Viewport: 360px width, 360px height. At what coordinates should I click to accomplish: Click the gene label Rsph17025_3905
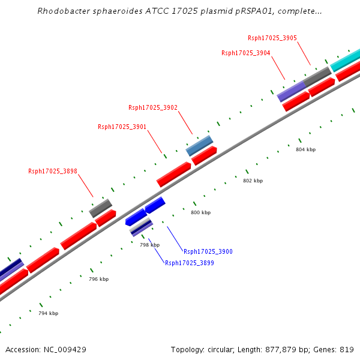[272, 38]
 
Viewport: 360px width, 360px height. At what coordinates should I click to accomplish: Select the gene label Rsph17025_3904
[246, 53]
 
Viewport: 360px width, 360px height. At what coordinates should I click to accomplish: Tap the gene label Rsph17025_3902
[153, 108]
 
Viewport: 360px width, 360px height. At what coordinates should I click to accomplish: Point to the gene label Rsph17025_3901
[122, 127]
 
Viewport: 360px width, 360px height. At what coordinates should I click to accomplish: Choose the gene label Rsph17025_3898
[53, 171]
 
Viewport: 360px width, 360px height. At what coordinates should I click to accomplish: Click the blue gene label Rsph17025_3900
[208, 251]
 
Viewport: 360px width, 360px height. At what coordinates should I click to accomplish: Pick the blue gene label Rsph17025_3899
[190, 263]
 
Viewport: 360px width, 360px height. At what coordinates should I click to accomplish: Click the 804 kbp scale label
[305, 149]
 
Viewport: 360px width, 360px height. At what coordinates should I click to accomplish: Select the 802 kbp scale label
[253, 181]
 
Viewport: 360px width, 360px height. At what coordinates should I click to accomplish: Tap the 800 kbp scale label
[200, 212]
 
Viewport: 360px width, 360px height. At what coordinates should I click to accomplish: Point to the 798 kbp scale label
[150, 245]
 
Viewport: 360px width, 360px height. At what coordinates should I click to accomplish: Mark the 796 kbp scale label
[98, 279]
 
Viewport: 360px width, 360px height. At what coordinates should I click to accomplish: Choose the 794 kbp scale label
[48, 313]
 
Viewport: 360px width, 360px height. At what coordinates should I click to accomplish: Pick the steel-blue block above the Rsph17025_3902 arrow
[199, 145]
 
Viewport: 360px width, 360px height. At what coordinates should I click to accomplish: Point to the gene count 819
[347, 349]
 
